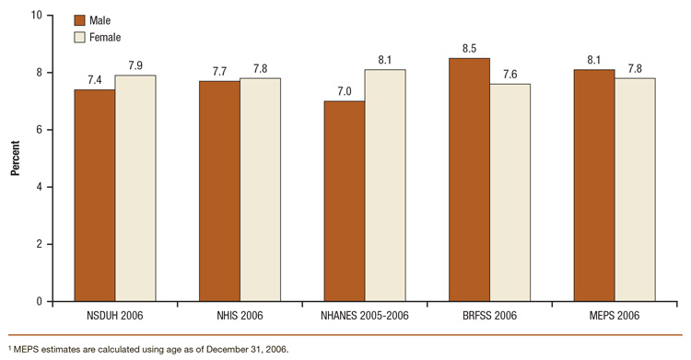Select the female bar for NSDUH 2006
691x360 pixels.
(135, 188)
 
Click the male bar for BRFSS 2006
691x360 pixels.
(469, 180)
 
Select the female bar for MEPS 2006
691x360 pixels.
(635, 189)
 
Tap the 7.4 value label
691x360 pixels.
(95, 80)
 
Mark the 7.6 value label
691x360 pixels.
(509, 75)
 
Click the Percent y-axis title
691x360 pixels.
(16, 158)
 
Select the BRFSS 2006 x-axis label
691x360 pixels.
(489, 316)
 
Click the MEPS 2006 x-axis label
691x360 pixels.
(614, 316)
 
